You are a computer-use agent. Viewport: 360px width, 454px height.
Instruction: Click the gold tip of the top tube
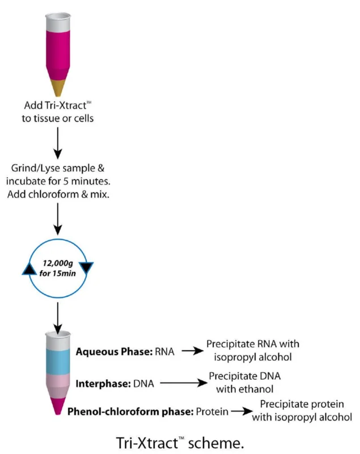(58, 87)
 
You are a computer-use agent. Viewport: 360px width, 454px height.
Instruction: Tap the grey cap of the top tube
(58, 22)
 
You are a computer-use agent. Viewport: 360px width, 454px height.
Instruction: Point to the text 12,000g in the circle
(58, 263)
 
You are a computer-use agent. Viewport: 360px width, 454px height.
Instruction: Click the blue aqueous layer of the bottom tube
(58, 362)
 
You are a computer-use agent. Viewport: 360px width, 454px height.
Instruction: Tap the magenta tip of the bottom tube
(58, 406)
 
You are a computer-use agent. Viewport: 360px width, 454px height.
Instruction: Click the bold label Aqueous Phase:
(114, 351)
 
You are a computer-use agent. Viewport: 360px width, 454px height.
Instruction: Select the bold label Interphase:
(103, 384)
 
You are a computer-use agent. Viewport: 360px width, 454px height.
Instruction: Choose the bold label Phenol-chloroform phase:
(130, 411)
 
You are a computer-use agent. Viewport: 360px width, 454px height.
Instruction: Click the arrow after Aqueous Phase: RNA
(193, 351)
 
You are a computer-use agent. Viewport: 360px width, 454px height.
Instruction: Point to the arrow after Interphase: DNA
(184, 382)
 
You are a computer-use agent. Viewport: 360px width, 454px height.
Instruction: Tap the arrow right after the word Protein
(242, 411)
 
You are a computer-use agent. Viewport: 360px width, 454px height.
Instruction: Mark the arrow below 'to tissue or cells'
(58, 144)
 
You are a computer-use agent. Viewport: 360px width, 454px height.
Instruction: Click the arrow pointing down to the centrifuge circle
(58, 219)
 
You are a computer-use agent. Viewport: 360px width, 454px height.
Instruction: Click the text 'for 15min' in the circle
(57, 274)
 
